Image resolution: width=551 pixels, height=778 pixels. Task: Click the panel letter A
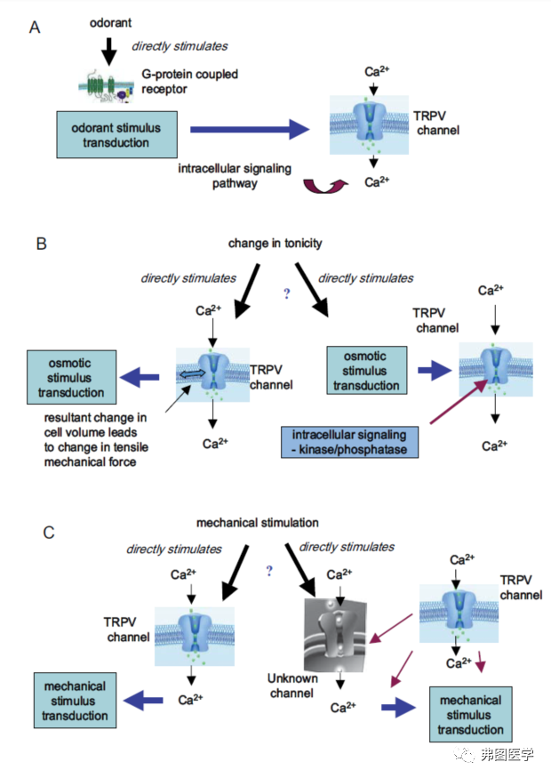coord(35,28)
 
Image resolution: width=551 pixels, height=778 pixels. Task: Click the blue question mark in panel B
coord(286,294)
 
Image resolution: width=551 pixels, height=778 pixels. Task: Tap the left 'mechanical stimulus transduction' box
coord(74,701)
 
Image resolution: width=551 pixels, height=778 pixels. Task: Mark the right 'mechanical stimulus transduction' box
coord(469,714)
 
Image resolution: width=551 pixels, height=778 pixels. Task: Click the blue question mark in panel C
coord(268,572)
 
